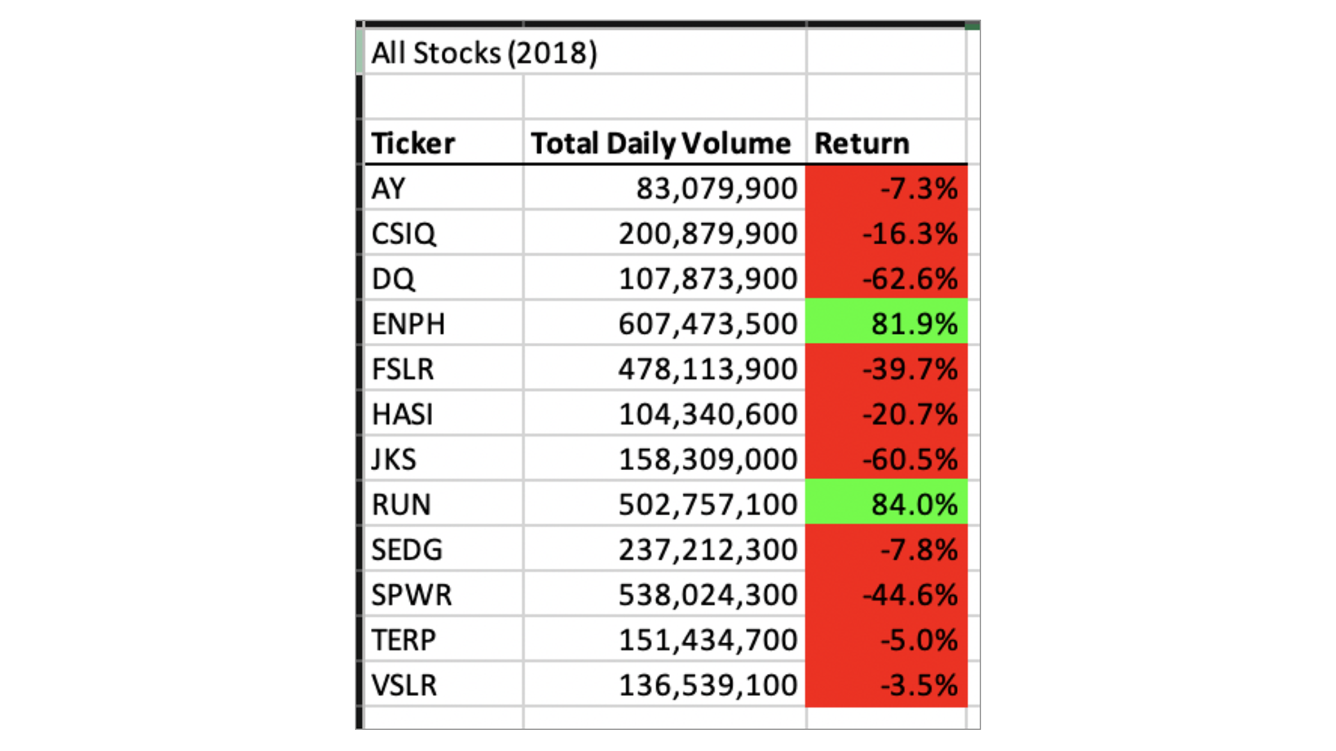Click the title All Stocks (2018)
[x=484, y=53]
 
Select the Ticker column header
[x=413, y=143]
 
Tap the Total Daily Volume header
[x=660, y=143]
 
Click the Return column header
[x=861, y=143]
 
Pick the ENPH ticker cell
[x=408, y=324]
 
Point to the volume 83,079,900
[x=716, y=188]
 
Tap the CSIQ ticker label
[x=404, y=234]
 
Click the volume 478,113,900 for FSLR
[x=708, y=369]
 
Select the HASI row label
[x=402, y=414]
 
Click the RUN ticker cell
[x=401, y=505]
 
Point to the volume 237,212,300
[x=708, y=550]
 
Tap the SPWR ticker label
[x=411, y=595]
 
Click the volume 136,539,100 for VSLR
[x=708, y=686]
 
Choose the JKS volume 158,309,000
[x=708, y=460]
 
